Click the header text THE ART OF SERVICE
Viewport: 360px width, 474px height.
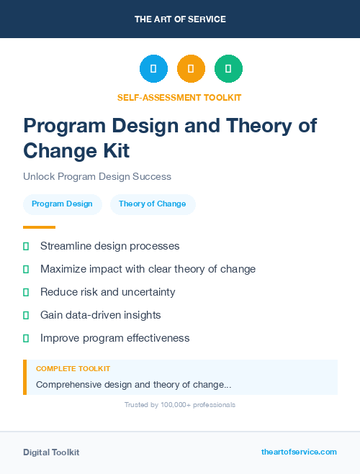tap(180, 19)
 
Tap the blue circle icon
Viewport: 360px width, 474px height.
tap(153, 69)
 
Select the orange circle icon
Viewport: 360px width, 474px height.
tap(191, 69)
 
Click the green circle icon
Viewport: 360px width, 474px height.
tap(228, 69)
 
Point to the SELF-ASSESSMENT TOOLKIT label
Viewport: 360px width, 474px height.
tap(179, 97)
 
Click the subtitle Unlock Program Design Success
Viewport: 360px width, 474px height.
tap(97, 176)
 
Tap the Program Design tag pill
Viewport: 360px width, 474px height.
tap(62, 204)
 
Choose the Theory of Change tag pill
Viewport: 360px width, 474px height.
tap(152, 204)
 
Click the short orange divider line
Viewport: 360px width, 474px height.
tap(39, 227)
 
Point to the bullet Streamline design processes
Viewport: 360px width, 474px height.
tap(109, 246)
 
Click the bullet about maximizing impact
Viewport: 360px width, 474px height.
tap(148, 269)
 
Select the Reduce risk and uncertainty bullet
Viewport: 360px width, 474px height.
tap(107, 292)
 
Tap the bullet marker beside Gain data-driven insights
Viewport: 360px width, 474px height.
tap(26, 315)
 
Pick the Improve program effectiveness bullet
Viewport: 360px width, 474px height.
tap(114, 338)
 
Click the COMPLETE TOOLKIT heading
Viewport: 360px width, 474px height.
tap(73, 369)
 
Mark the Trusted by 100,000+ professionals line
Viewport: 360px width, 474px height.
tap(180, 405)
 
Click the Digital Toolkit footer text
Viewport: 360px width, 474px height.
tap(51, 452)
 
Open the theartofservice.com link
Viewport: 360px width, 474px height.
tap(299, 452)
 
